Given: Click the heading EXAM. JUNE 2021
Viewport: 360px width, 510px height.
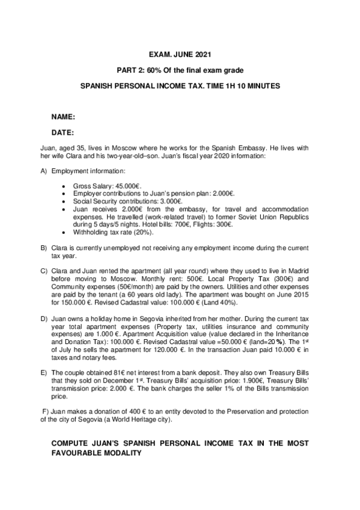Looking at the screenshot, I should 180,55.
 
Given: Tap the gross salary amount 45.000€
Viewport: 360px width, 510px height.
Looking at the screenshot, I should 128,186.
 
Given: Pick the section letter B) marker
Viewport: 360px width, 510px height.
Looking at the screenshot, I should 43,248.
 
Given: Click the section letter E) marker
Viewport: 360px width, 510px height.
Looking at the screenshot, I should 43,373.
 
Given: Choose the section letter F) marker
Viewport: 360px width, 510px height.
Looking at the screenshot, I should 45,411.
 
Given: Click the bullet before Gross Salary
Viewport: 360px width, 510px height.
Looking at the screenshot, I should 64,186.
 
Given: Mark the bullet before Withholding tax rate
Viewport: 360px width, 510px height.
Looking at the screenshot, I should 64,232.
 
